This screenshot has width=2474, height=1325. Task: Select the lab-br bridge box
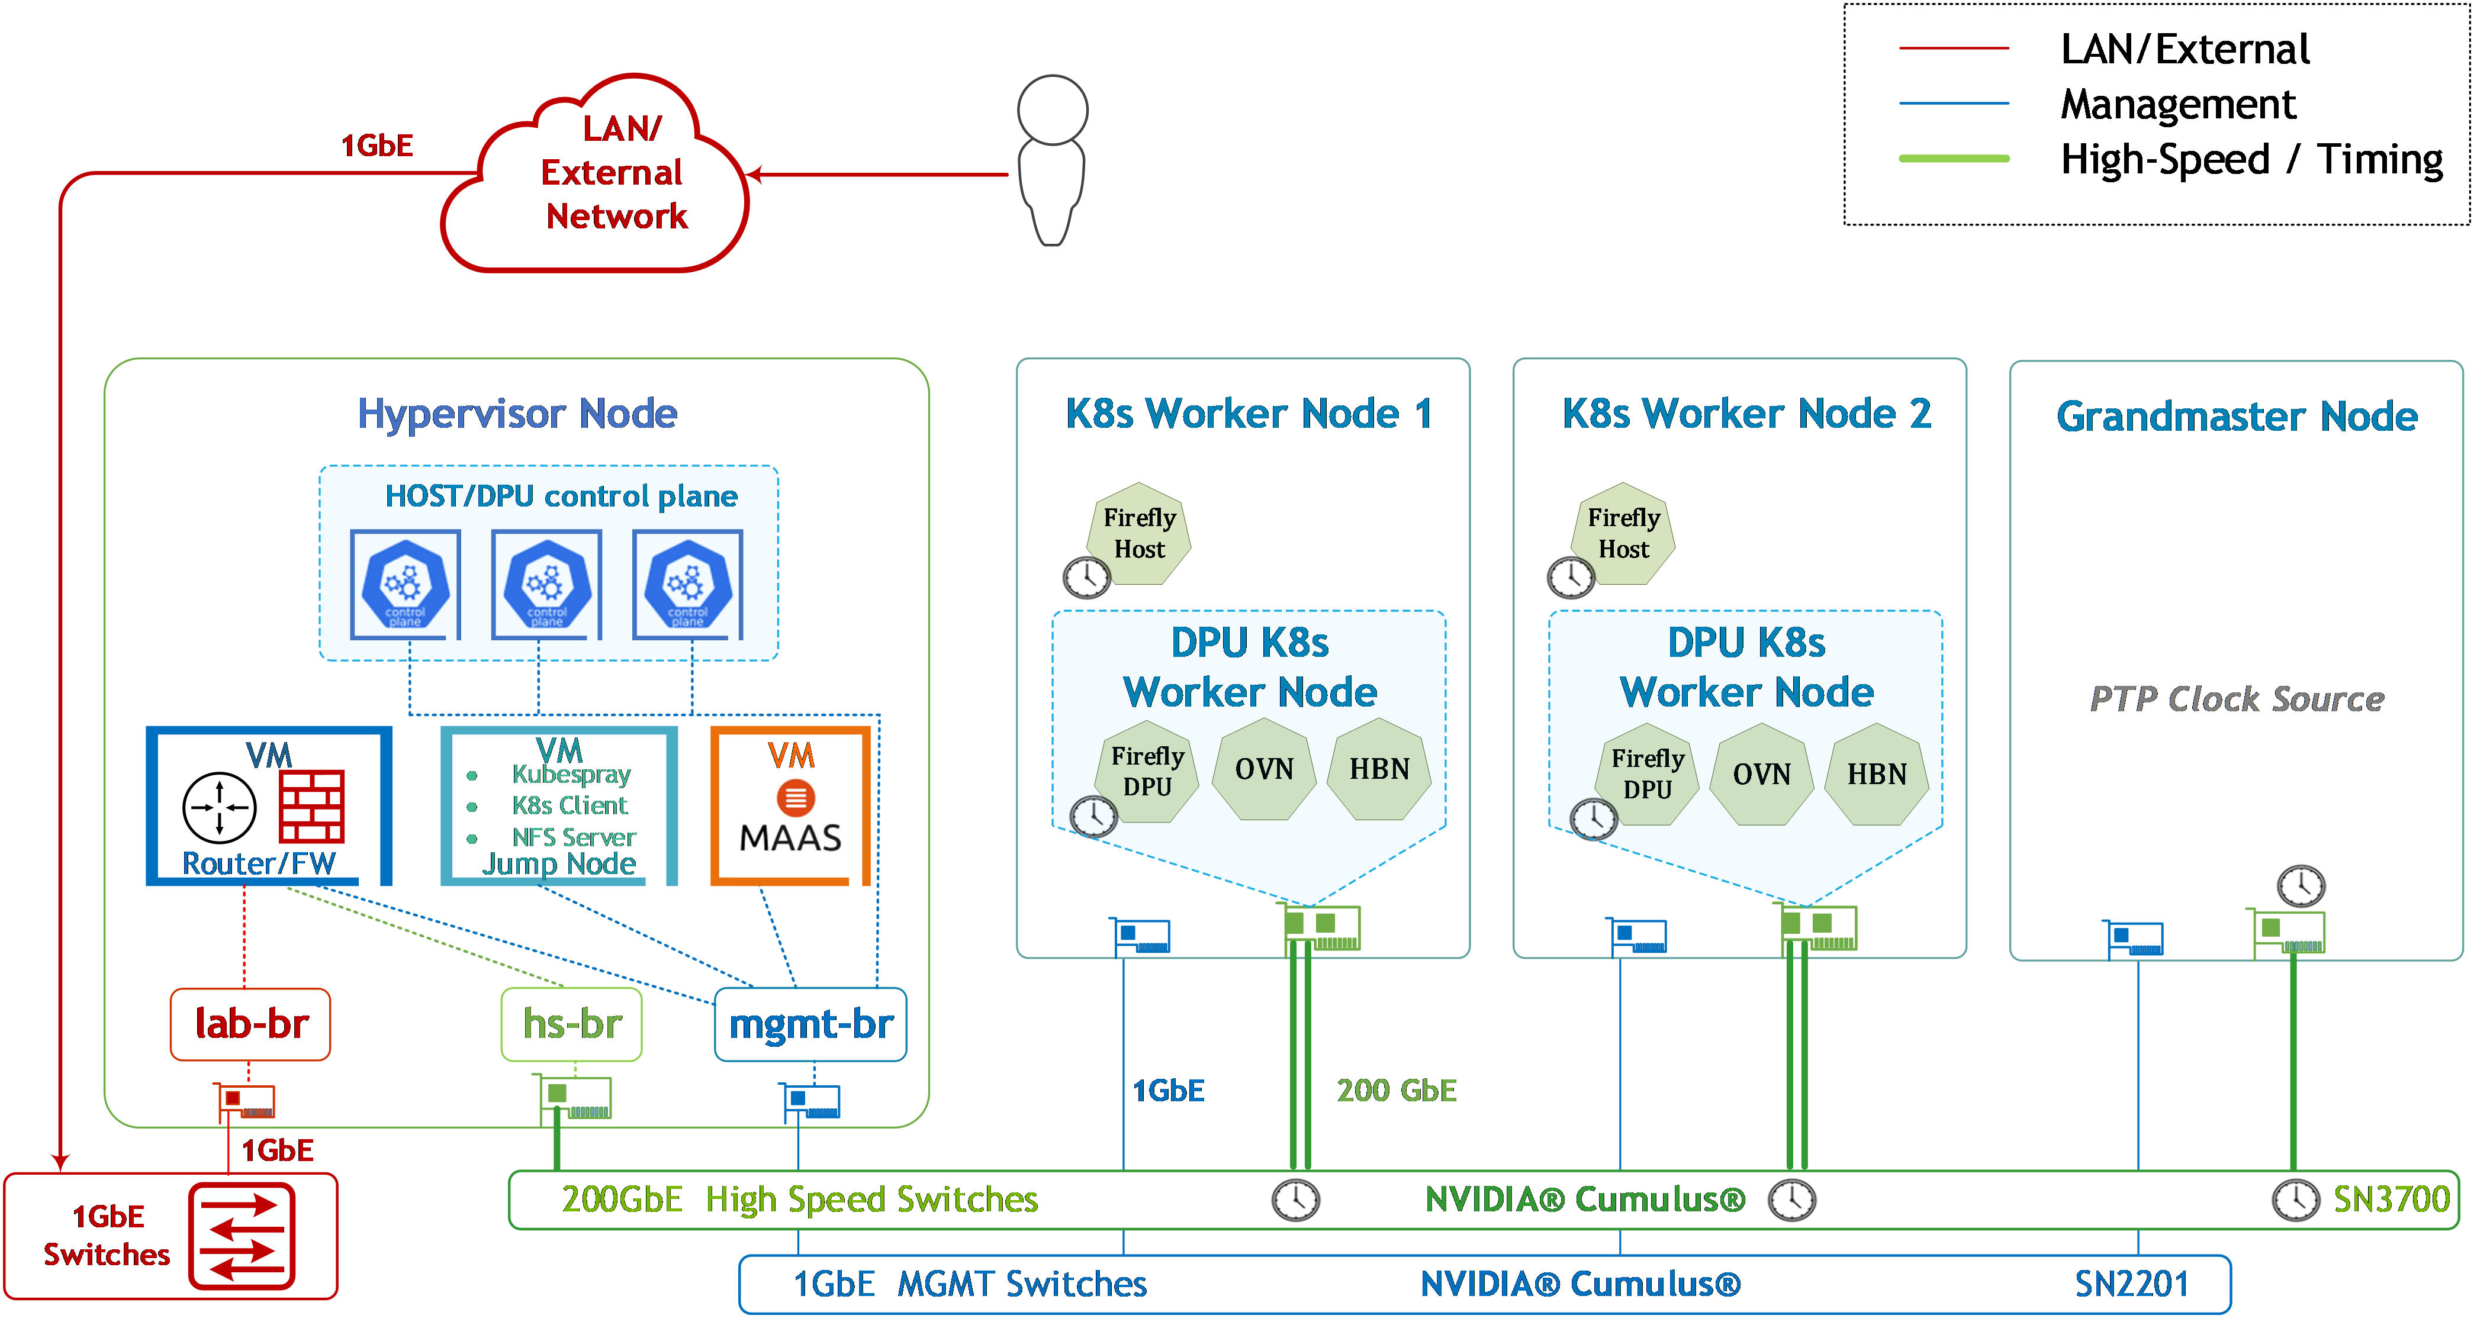point(250,1024)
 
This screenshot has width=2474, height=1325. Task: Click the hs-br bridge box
point(571,1024)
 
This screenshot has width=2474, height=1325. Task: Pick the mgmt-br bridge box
point(810,1024)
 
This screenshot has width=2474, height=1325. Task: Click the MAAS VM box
point(790,805)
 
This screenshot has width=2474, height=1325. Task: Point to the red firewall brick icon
point(311,807)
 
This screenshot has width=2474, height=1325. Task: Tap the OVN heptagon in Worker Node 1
point(1264,769)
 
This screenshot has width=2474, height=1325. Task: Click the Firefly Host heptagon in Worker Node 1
point(1139,534)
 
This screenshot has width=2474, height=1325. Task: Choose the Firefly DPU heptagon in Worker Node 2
point(1647,774)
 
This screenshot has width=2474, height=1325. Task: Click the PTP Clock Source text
point(2237,699)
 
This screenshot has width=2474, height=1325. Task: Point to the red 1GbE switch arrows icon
point(242,1237)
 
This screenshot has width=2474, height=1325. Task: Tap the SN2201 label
point(2131,1284)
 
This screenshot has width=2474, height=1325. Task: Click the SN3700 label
point(2391,1199)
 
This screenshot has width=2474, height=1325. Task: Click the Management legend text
point(2178,104)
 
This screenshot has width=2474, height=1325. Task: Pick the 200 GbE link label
point(1397,1091)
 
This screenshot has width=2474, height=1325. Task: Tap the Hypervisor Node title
point(517,414)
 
